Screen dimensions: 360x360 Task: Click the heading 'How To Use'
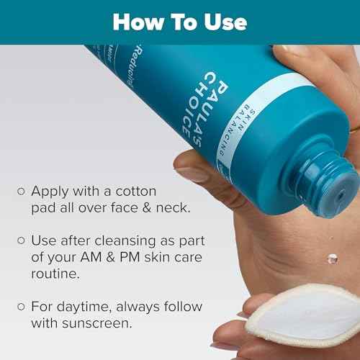[179, 22]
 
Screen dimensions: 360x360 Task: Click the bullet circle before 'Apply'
[21, 192]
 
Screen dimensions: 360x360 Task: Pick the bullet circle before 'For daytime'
[21, 306]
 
